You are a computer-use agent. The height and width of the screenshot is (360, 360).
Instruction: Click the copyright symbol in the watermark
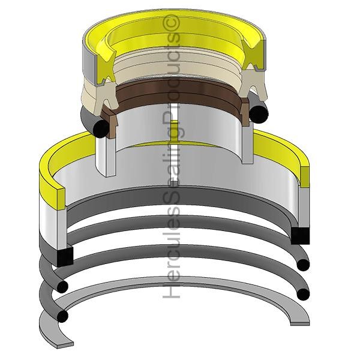click(x=172, y=23)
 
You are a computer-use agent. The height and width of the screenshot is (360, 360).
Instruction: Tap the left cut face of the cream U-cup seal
click(x=106, y=97)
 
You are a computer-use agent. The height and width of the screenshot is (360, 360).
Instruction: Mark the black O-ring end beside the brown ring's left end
click(x=101, y=128)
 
